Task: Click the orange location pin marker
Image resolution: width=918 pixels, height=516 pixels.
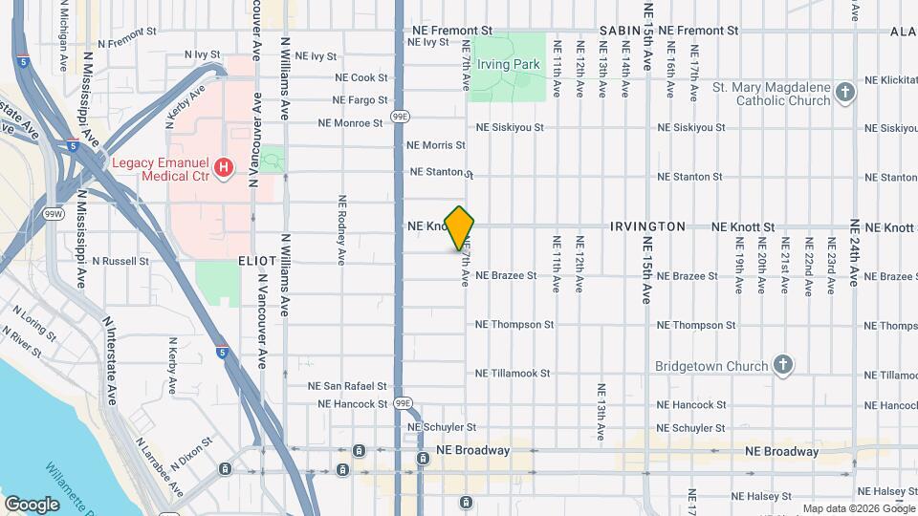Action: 460,227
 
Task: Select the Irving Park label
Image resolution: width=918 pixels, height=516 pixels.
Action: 510,65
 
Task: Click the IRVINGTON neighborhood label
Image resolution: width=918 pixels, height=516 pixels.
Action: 647,226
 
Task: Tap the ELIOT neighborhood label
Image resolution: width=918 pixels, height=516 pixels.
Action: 257,260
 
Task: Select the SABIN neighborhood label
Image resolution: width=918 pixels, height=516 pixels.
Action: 620,32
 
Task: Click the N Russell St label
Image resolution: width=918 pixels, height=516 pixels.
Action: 118,260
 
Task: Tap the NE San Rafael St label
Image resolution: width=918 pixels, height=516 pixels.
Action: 347,387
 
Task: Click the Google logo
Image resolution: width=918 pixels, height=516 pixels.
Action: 32,504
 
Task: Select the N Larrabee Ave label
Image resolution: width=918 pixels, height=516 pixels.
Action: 159,468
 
